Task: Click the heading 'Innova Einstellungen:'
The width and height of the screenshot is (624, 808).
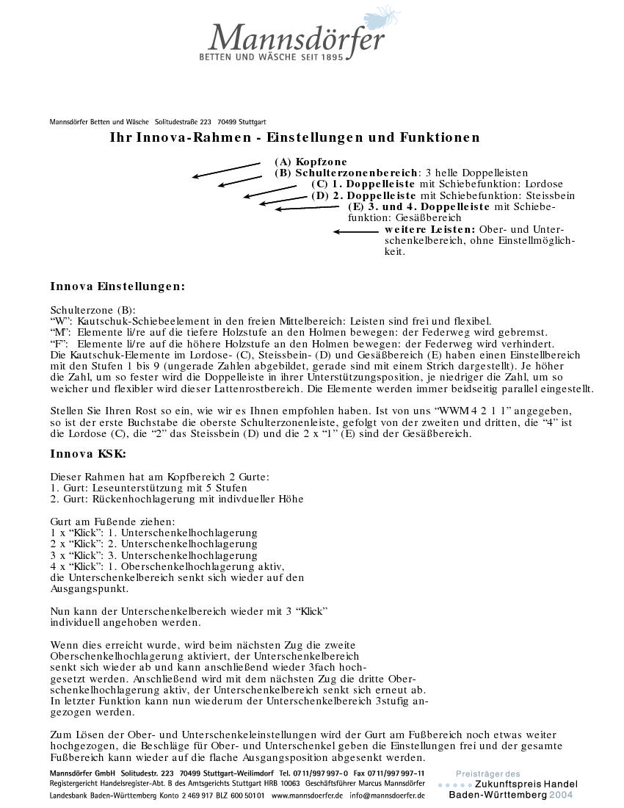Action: pos(117,286)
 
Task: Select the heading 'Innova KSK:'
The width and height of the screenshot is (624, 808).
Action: pos(88,454)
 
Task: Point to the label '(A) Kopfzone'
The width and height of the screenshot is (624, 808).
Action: pos(311,162)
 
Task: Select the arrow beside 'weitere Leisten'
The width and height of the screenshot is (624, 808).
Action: pos(356,232)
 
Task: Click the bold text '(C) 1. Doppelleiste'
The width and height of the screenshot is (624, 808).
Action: pos(363,184)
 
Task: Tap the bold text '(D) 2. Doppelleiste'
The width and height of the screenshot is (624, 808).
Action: pos(363,196)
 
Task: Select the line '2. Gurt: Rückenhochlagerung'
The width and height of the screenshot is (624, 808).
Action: pos(176,499)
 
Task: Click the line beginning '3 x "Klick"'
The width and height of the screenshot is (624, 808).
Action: pos(153,555)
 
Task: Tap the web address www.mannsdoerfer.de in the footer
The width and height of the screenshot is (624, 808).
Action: pos(307,795)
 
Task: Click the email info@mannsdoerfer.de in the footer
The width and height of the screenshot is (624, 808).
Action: pos(387,795)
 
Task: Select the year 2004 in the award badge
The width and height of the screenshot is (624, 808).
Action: pos(561,795)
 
